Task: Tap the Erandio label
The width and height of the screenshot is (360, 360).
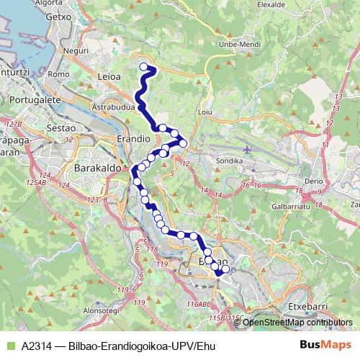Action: (132, 138)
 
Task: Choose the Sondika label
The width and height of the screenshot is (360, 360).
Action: (237, 162)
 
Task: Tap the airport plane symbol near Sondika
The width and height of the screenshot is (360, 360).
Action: (248, 149)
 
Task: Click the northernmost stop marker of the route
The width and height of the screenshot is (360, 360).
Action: (143, 67)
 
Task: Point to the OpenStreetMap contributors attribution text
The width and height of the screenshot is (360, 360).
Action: (297, 322)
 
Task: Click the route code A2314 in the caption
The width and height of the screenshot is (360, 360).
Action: (36, 345)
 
